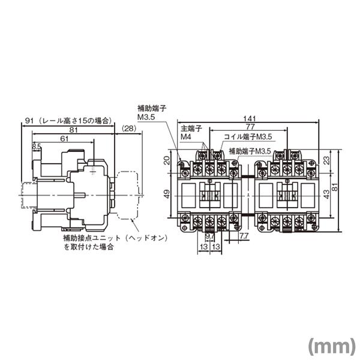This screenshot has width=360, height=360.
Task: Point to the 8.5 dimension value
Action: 37,146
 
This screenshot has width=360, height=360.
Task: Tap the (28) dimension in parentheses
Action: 128,129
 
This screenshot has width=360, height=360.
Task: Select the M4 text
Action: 186,137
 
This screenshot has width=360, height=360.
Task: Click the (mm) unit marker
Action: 330,346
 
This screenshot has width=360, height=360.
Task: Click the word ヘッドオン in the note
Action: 148,238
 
